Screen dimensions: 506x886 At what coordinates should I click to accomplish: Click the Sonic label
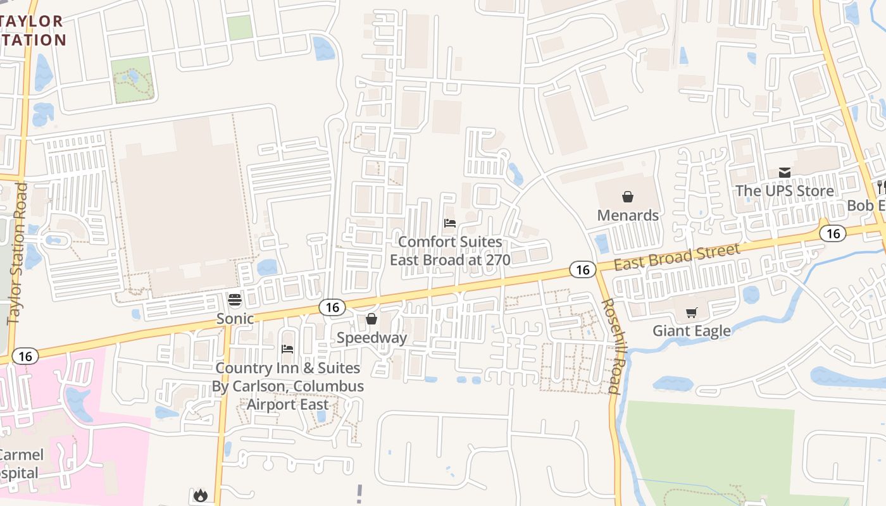(235, 318)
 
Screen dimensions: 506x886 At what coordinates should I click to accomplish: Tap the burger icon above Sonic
(235, 300)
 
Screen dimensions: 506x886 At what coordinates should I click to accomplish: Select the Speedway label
(371, 337)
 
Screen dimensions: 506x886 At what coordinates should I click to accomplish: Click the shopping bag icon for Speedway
(371, 319)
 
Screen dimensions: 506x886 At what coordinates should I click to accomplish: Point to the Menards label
(628, 215)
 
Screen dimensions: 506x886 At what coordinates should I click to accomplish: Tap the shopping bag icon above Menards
(628, 197)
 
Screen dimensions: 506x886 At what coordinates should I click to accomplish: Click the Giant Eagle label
(691, 331)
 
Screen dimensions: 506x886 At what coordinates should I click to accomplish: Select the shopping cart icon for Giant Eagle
(691, 312)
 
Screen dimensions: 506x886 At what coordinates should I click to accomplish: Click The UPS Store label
(784, 191)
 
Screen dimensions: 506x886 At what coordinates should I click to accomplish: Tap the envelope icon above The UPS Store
(785, 173)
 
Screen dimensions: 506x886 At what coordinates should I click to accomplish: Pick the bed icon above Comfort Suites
(450, 223)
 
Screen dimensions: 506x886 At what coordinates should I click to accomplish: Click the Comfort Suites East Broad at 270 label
(450, 250)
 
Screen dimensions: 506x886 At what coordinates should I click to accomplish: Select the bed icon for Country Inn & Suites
(287, 349)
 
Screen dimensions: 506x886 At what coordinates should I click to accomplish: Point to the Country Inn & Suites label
(288, 386)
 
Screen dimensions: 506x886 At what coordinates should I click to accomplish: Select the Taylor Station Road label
(17, 253)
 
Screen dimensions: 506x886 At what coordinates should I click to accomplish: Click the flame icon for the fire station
(201, 495)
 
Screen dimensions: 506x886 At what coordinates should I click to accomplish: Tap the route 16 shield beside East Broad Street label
(582, 270)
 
